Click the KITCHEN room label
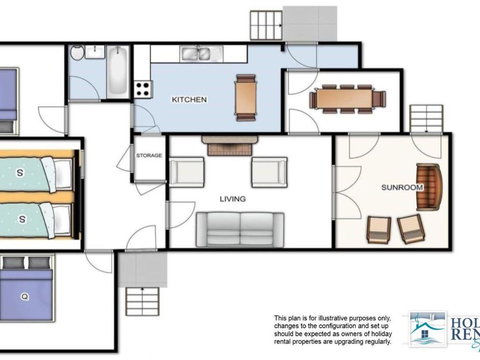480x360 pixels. click(x=189, y=100)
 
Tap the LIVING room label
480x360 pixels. click(x=233, y=199)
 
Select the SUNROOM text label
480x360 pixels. click(x=402, y=187)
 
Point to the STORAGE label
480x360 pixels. click(x=149, y=155)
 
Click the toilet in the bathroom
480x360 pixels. click(x=84, y=54)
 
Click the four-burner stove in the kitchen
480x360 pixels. click(x=143, y=87)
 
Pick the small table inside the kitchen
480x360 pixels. click(x=245, y=96)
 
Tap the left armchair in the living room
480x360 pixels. click(x=187, y=172)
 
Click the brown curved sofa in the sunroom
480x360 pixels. click(x=429, y=187)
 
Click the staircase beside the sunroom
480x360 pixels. click(x=426, y=118)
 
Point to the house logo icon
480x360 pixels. click(x=427, y=326)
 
